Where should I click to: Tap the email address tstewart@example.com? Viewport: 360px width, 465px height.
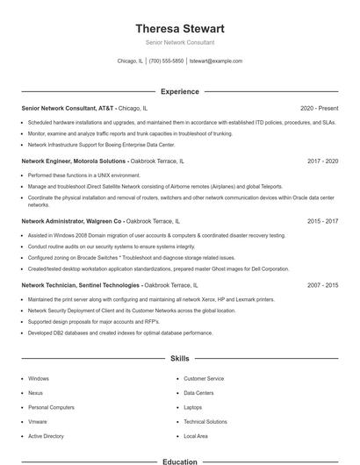(x=215, y=61)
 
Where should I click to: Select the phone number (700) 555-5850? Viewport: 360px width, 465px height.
(x=166, y=61)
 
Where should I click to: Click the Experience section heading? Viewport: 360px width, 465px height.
(x=179, y=91)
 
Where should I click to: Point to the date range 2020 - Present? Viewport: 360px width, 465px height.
(x=319, y=108)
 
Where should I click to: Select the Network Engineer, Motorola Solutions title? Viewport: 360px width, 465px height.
(x=74, y=161)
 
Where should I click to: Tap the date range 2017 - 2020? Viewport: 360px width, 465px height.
(x=322, y=161)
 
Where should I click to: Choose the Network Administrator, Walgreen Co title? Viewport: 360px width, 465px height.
(x=72, y=222)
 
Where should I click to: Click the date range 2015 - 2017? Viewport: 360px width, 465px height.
(x=322, y=222)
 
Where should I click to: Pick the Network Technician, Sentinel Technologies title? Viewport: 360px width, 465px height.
(x=80, y=285)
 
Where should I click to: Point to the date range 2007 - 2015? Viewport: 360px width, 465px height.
(x=322, y=285)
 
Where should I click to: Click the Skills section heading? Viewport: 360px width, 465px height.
(x=179, y=359)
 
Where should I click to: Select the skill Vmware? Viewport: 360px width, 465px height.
(x=37, y=422)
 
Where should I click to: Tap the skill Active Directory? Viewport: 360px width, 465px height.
(x=46, y=436)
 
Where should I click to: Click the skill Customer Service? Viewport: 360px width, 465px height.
(x=204, y=379)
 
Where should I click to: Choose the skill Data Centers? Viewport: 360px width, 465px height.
(x=198, y=393)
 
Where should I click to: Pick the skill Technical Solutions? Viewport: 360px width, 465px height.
(x=205, y=422)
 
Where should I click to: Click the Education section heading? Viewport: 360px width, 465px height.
(x=179, y=461)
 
